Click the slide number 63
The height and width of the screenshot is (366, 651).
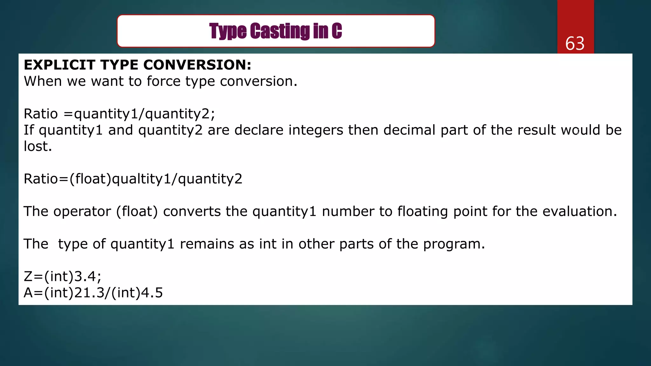click(575, 44)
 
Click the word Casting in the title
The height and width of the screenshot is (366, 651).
click(280, 31)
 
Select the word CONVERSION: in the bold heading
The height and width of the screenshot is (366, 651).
click(197, 65)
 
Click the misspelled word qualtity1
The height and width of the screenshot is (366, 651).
click(142, 179)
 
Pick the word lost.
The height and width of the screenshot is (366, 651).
click(38, 146)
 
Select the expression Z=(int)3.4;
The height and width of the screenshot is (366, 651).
click(63, 276)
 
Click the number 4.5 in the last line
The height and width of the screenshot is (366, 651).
click(152, 293)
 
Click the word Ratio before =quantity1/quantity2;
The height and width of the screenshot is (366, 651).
click(41, 114)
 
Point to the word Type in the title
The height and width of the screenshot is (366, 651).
click(228, 31)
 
